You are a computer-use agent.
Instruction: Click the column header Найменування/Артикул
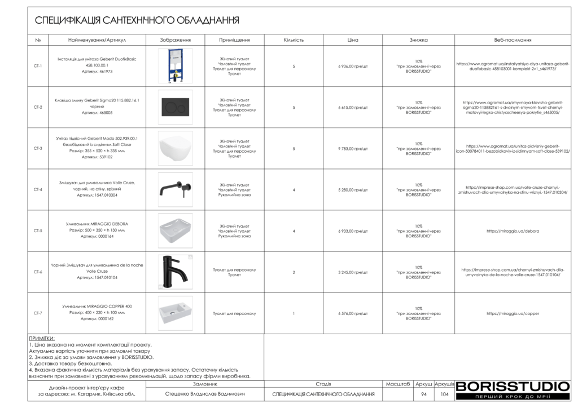97,40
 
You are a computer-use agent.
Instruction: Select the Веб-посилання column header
513,40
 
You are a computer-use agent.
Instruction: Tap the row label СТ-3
38,148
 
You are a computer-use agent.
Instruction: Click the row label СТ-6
38,272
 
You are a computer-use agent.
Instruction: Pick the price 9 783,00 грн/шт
353,148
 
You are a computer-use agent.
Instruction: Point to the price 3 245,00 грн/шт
353,272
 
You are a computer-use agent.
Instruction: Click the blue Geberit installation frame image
175,66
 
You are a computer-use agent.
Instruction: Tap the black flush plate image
175,107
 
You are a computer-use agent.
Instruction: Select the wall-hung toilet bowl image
175,148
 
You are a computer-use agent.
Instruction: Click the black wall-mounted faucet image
175,189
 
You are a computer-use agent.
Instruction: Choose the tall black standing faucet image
175,272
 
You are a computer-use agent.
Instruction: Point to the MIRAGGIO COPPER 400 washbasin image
175,313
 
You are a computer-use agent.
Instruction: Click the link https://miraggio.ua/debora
513,230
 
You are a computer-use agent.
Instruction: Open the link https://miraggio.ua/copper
513,313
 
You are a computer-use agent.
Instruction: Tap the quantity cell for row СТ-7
294,313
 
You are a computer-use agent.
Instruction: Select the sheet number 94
424,394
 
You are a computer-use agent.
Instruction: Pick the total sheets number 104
444,394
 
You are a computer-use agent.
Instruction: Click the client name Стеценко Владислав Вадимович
205,394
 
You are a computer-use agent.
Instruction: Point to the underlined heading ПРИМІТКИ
42,339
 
